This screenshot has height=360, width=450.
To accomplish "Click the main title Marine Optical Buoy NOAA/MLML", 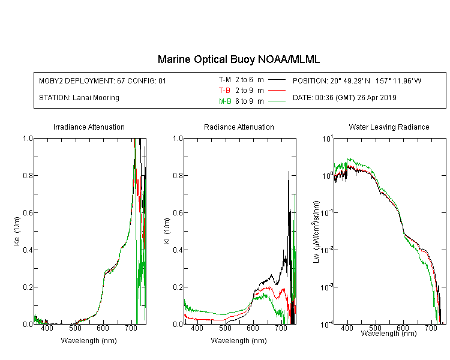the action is pos(238,59).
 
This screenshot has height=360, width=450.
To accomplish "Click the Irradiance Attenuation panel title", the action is pos(89,127).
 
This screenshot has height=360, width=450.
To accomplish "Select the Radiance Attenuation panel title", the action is pos(239,127).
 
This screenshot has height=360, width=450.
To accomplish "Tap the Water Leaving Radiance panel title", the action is pos(389,127).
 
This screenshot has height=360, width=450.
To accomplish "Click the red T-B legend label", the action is pos(224,91).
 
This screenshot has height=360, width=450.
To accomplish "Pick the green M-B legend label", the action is pos(225,101).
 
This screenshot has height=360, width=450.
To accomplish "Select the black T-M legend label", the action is pos(225,80).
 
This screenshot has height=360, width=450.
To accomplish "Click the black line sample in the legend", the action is pos(277,80).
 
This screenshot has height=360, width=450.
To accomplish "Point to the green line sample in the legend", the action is pos(277,101).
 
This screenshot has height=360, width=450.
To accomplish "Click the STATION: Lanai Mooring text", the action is pos(79,98).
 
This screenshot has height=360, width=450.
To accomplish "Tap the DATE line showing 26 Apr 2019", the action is pos(344,98).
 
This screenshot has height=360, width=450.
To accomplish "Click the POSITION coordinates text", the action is pos(357,80).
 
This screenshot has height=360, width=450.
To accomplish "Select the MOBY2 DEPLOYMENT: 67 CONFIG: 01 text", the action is pos(103,80).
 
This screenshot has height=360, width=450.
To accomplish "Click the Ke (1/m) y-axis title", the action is pos(17,231).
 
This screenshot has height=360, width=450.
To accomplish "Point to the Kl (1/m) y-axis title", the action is pos(167,231).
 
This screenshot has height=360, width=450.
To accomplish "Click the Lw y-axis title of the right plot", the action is pos(316,232).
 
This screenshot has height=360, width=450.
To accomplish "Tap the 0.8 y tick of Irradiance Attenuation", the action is pos(28,175).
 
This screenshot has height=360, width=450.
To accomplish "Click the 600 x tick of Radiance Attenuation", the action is pos(253,328).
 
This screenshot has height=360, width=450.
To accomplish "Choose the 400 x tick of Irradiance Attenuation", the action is pos(47,328).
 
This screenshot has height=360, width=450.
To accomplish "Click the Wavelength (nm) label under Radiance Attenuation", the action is pos(239,340).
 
